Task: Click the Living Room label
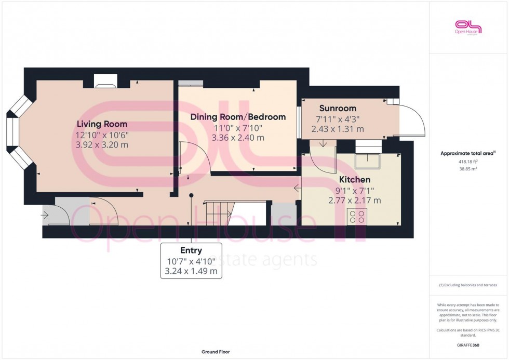click(102, 124)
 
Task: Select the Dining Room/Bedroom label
click(238, 117)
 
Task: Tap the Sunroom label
click(338, 108)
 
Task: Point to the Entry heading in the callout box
click(191, 251)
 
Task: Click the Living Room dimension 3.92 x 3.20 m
click(102, 145)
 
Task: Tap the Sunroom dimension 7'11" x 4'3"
click(338, 118)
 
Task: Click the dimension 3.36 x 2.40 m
click(238, 138)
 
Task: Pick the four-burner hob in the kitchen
click(358, 216)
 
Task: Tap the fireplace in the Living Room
click(105, 81)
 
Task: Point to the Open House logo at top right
click(468, 27)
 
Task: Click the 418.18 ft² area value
click(468, 162)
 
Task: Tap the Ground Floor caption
click(215, 352)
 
